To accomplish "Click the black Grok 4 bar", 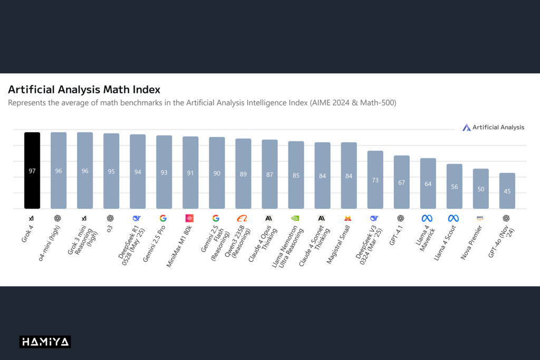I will pos(32,170).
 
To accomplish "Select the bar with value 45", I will pos(507,191).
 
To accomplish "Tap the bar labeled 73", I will pos(375,180).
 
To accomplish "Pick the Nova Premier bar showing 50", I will pos(480,189).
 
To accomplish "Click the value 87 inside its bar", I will pos(269,174).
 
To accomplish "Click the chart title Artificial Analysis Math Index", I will pos(84,90).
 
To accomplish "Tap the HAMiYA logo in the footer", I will pos(45,342).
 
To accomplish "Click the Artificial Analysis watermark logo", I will pos(493,127).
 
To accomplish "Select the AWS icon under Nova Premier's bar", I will pos(480,218).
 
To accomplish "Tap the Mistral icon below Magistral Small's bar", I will pos(348,218).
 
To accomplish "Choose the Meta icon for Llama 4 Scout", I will pos(453,218).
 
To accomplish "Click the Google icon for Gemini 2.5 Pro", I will pos(163,218).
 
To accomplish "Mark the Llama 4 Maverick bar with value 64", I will pos(428,183).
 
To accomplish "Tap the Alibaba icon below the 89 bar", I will pos(242,218).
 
